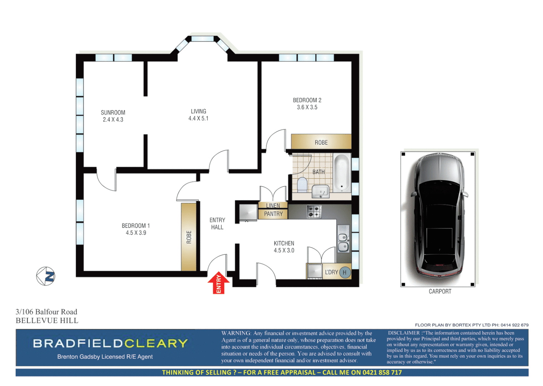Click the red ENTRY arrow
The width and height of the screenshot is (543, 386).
(218, 283)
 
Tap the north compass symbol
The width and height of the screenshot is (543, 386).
(46, 276)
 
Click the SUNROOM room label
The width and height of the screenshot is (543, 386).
(113, 116)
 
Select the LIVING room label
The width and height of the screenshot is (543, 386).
(198, 115)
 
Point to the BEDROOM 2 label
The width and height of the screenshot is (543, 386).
(307, 104)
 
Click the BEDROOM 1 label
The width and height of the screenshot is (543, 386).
(136, 229)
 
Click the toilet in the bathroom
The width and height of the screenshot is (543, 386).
(302, 184)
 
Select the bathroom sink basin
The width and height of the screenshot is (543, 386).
(321, 191)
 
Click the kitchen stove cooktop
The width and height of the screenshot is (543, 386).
(314, 211)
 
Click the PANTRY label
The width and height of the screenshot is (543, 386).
(273, 214)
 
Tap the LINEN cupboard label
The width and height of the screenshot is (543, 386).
(273, 206)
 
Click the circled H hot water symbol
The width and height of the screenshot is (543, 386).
(345, 272)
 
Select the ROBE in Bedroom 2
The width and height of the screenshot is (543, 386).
(321, 142)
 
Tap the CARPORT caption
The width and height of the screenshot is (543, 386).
(440, 291)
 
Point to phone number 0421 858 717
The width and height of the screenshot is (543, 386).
(382, 372)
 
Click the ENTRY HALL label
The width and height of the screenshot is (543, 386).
(217, 224)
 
